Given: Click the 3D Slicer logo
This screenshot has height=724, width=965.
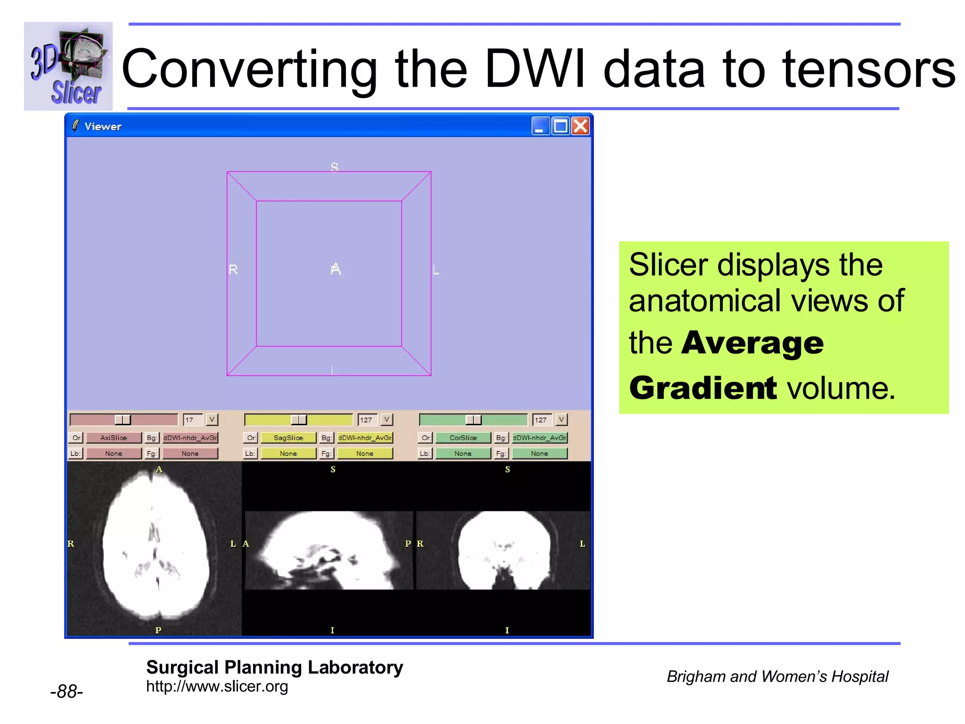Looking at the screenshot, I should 68,66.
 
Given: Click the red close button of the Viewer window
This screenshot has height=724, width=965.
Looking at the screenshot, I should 581,126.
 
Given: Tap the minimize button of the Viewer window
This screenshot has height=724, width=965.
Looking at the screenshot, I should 540,126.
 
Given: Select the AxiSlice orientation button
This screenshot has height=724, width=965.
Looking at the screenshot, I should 114,438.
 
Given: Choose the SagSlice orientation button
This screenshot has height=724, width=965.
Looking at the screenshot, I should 288,438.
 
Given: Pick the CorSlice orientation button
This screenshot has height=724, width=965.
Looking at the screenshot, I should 463,438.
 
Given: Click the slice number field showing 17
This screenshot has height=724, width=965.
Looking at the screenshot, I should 192,420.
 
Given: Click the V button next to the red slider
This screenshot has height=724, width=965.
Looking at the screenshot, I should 212,420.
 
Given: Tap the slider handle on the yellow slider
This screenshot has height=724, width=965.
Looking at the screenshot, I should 298,420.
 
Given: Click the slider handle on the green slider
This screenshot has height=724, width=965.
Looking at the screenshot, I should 473,420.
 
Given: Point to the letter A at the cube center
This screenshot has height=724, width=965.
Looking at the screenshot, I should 335,269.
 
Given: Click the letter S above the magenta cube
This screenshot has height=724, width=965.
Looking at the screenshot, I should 334,167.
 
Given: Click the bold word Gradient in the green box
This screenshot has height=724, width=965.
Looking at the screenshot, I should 703,388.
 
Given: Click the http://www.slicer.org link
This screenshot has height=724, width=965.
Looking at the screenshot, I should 217,686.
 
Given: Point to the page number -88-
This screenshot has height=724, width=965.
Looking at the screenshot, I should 66,691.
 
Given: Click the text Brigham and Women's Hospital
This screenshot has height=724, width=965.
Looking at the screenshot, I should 777,676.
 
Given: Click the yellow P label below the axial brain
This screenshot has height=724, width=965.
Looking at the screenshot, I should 158,630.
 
